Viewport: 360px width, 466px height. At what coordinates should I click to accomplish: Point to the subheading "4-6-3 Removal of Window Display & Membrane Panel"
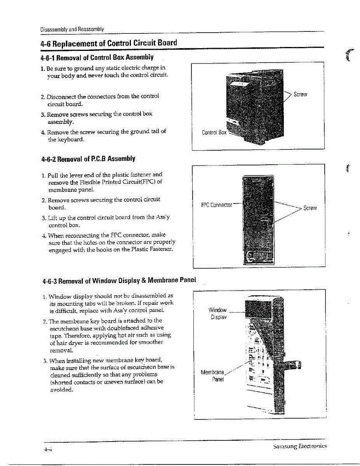click(x=119, y=280)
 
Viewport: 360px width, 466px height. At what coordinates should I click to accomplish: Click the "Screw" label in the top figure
click(x=300, y=94)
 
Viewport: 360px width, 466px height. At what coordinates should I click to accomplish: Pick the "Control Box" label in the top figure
click(x=214, y=132)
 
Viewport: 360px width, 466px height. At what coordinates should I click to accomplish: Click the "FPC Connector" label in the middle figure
click(x=216, y=205)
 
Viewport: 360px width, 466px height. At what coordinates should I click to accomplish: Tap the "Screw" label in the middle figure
click(x=310, y=208)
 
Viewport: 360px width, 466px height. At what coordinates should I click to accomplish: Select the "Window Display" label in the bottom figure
click(x=217, y=313)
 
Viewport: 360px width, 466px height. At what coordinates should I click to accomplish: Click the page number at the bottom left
click(x=48, y=449)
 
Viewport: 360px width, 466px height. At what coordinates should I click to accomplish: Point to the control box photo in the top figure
click(x=256, y=105)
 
